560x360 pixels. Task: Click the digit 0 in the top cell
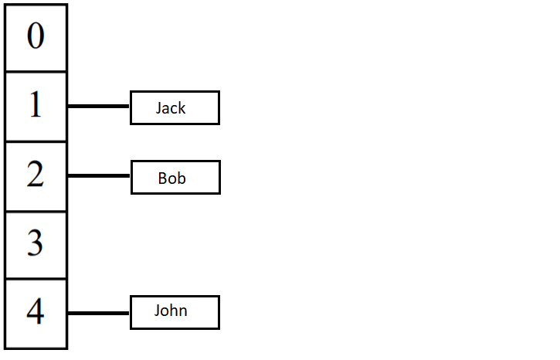(36, 36)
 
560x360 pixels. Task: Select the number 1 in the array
(36, 106)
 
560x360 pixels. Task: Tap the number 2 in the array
(36, 175)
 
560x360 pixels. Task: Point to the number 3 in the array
(36, 244)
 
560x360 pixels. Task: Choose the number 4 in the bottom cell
(36, 312)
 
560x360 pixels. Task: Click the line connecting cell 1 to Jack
(99, 107)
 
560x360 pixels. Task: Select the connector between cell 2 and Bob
(99, 176)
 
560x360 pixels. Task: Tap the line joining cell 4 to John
(99, 313)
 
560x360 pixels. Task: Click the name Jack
(171, 108)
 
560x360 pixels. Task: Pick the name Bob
(172, 178)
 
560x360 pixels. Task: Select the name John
(171, 311)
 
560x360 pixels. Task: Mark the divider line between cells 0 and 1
(36, 72)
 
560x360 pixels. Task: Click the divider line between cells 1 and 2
(36, 141)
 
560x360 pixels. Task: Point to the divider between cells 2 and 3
(36, 210)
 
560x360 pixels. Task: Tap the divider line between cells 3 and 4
(36, 279)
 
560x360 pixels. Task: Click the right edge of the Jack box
(219, 107)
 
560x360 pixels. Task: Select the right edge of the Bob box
(219, 178)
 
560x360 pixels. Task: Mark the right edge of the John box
(219, 312)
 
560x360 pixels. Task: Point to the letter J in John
(158, 311)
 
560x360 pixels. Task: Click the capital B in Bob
(162, 178)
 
